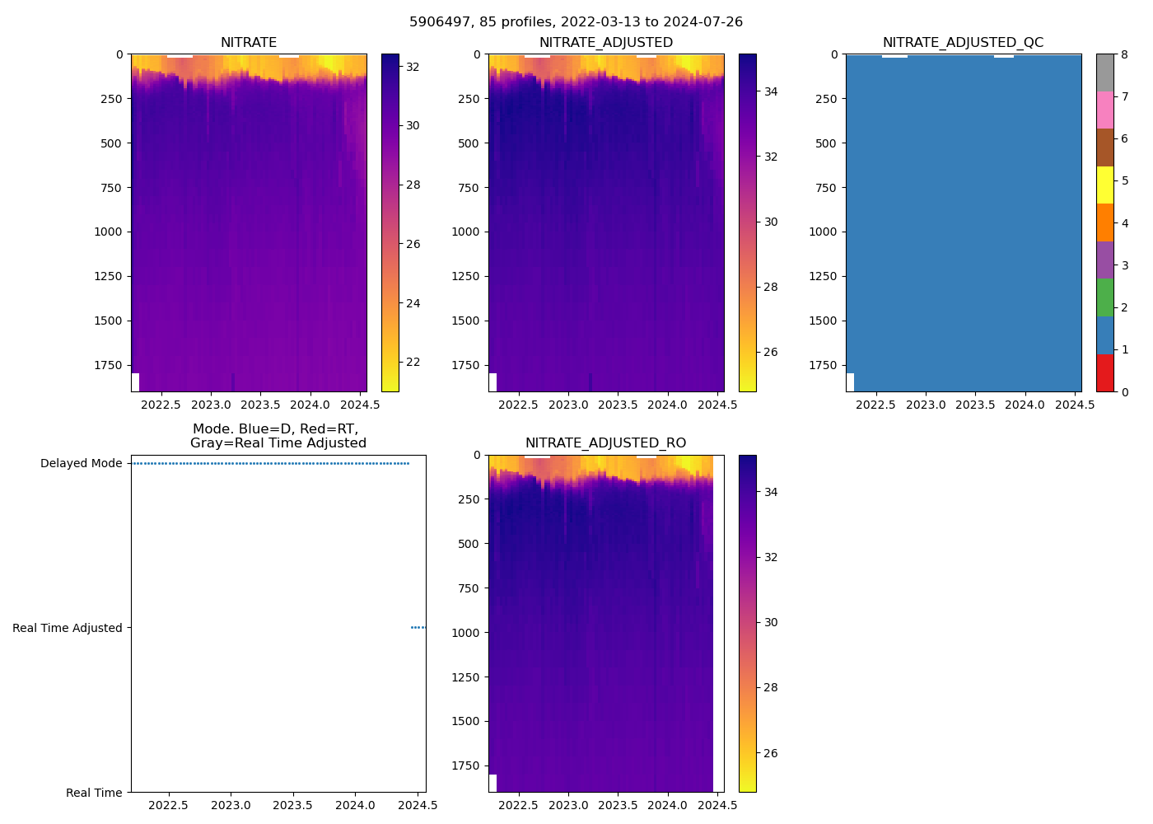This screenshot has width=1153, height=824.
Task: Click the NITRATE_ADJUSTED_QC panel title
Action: point(963,43)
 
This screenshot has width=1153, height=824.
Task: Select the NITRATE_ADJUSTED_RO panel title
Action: point(605,443)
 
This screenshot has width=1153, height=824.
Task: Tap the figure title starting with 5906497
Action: point(576,22)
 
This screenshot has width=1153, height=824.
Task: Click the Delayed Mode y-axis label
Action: point(81,463)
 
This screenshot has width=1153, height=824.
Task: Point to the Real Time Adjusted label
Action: point(68,628)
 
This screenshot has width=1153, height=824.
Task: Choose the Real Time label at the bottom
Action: point(94,793)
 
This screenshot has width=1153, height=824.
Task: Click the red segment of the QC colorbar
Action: point(1104,373)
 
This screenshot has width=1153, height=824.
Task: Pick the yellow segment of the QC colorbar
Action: point(1104,185)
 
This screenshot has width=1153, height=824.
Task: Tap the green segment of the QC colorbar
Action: point(1104,297)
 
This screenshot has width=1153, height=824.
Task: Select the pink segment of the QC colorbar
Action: point(1104,110)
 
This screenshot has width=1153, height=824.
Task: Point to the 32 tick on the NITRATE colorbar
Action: point(413,67)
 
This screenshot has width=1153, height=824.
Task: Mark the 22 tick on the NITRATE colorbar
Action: point(413,363)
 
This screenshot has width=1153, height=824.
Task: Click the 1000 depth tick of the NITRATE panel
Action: point(107,232)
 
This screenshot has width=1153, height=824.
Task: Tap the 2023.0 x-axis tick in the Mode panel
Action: point(231,805)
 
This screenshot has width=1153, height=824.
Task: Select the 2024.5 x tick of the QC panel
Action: point(1074,405)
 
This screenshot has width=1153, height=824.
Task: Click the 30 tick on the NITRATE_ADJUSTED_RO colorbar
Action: point(771,623)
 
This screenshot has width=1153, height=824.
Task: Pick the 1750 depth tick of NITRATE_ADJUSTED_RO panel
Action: point(464,765)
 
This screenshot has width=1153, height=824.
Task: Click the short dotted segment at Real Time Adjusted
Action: point(418,628)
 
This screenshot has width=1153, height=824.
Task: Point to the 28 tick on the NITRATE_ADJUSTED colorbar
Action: point(771,287)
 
